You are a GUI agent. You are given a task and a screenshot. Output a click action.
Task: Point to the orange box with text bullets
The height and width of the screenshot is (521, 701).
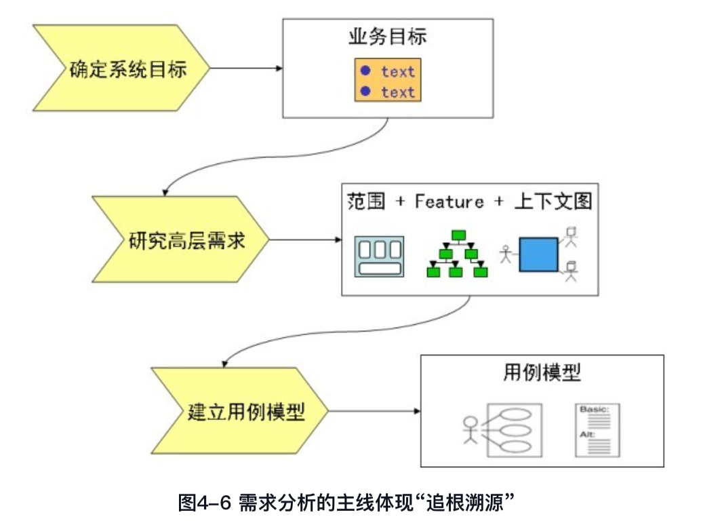pos(388,81)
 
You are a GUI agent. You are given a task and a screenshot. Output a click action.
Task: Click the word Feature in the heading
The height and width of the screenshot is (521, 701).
pos(449,201)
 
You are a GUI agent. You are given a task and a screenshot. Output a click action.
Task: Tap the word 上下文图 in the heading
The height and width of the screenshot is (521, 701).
pos(553,201)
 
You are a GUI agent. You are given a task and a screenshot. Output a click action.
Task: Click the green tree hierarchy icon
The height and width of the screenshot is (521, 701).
pos(458,254)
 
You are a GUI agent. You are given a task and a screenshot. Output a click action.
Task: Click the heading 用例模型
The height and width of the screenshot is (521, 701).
pos(542,372)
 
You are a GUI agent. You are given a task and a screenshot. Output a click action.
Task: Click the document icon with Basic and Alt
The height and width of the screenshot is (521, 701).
pos(595,429)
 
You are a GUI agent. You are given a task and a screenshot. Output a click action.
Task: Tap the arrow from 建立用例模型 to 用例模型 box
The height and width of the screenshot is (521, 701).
pos(374,411)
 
